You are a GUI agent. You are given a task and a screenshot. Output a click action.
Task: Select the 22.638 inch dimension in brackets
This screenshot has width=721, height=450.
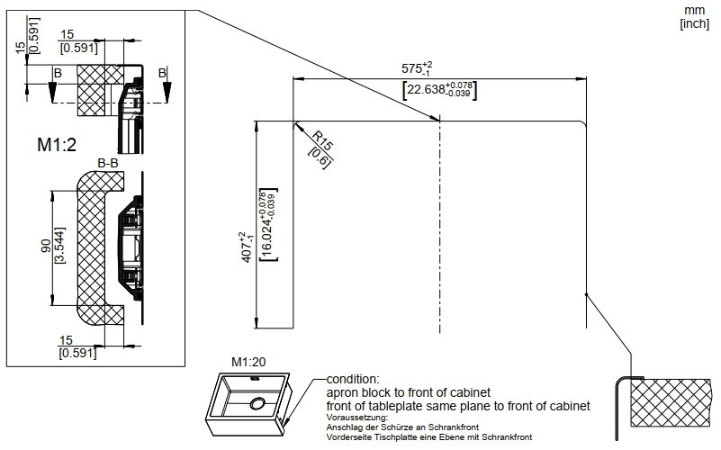coord(439,90)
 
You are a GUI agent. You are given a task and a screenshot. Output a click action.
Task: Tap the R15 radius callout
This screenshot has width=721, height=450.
coord(322,140)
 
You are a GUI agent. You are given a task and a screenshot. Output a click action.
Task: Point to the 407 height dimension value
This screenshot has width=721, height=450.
coord(247,247)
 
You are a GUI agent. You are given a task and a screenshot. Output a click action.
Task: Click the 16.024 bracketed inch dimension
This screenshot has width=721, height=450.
coord(268,225)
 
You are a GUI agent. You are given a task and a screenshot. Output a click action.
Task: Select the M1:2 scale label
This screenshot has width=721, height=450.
coord(57,145)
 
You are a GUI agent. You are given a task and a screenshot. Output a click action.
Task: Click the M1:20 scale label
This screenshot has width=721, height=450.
coord(248,362)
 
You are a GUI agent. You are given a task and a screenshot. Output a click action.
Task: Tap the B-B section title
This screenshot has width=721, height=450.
coord(108,163)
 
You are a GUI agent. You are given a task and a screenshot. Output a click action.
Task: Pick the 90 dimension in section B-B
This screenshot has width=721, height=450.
coord(46,246)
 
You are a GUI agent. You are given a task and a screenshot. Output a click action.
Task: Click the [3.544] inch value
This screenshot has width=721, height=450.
coord(59,246)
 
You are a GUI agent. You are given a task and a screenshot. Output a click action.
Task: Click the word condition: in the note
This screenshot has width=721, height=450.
coord(353,380)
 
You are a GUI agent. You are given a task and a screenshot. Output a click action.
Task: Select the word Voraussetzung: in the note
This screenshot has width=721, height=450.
coord(357,418)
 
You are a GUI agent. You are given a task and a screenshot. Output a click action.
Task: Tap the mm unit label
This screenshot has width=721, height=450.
coord(694,11)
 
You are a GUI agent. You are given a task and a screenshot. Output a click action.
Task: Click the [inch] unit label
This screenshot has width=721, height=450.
coord(694,23)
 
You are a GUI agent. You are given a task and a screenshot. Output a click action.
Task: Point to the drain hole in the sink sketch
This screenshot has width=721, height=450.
coord(257,404)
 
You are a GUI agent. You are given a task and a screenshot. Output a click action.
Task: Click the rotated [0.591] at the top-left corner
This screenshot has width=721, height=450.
coord(33,36)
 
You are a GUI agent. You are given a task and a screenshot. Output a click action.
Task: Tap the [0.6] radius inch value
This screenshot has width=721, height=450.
coord(319,157)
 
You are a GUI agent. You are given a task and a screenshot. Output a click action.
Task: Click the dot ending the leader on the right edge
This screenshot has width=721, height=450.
coord(586,294)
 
